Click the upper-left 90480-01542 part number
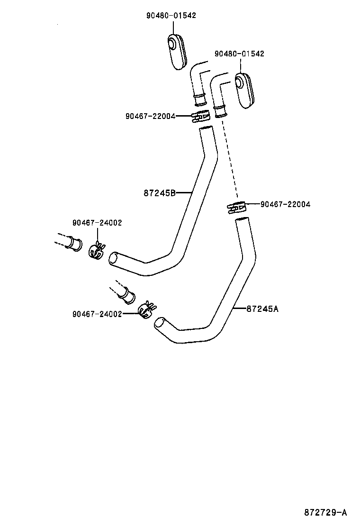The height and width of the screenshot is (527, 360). point(171,16)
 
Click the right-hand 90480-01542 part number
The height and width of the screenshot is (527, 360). point(239,54)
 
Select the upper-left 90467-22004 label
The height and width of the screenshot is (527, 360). point(151,116)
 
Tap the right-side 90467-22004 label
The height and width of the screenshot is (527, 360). point(285,204)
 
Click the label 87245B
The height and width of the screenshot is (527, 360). point(160,193)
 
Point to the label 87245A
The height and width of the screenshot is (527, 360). point(262,309)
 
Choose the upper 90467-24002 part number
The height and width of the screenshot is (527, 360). point(97,223)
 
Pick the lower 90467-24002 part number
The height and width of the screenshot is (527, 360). point(97,314)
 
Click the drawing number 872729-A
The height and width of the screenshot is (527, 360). point(325,513)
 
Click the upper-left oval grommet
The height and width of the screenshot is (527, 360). point(177,51)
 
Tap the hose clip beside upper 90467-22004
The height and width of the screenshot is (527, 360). point(201,116)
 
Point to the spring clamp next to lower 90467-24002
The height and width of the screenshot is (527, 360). point(146,309)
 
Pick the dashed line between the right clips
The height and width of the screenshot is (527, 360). point(229,161)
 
